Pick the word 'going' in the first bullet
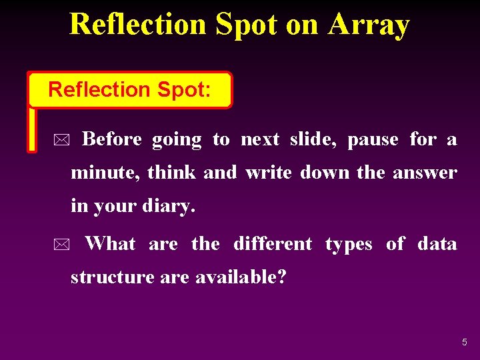coord(177,140)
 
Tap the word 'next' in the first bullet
coord(259,139)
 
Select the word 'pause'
coord(373,139)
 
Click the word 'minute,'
coord(104,173)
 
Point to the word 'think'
coord(171,173)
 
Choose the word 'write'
coord(269,173)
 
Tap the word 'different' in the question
coord(272,244)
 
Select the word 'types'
coord(349,245)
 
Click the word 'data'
coord(437,244)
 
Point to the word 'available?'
coord(241,277)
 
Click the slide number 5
coord(465,342)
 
